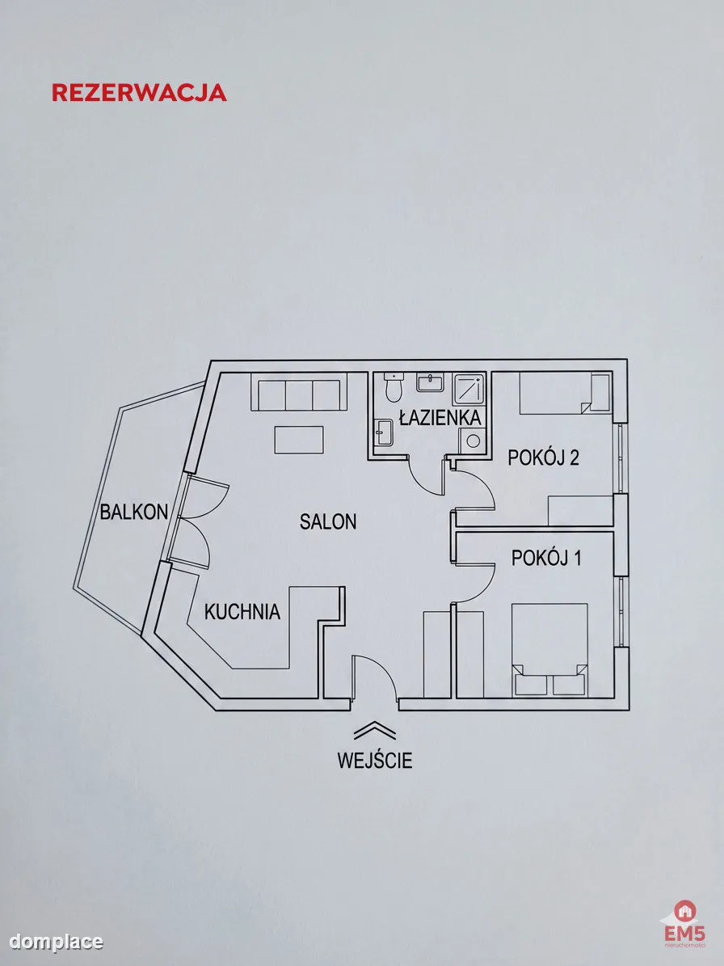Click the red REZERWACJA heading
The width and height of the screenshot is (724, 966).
click(139, 92)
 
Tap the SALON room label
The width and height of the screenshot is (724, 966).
click(328, 522)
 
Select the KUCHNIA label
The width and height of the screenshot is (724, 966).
click(242, 612)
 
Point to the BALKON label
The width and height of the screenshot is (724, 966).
click(134, 512)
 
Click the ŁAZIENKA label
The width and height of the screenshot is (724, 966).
click(440, 418)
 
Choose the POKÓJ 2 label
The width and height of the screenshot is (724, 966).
click(543, 458)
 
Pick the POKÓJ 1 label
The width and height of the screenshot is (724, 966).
click(547, 558)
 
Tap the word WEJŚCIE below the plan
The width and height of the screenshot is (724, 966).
click(374, 760)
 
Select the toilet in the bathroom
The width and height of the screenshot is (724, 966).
click(393, 387)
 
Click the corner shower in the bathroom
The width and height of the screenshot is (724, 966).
click(470, 389)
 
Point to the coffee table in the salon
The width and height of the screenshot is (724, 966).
click(299, 440)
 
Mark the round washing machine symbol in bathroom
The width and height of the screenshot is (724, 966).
click(474, 441)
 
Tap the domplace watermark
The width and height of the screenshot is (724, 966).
click(56, 942)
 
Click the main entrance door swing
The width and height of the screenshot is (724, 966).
click(375, 677)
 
